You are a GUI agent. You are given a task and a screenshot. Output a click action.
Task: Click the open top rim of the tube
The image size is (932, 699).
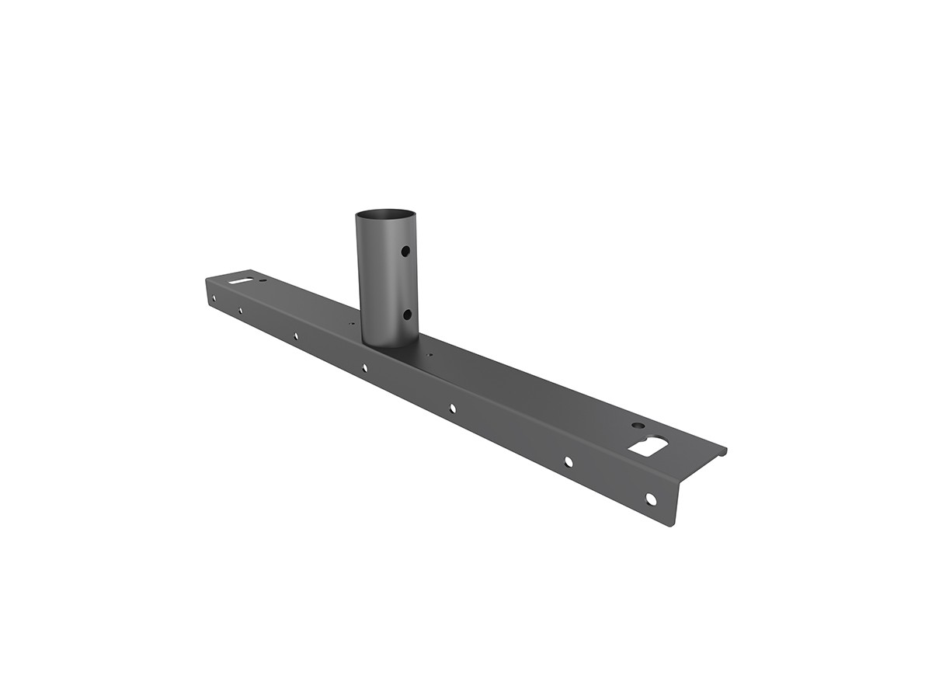(x=385, y=214)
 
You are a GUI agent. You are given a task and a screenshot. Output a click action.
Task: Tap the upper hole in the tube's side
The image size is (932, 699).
(x=405, y=251)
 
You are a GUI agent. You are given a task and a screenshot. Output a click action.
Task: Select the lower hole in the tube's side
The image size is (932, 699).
(x=407, y=315)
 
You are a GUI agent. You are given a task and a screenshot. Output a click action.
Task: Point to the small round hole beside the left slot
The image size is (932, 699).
(x=263, y=279)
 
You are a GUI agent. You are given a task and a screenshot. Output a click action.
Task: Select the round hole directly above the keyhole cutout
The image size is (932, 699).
(x=638, y=426)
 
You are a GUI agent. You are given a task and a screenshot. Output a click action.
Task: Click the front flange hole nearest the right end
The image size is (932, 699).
(x=651, y=499)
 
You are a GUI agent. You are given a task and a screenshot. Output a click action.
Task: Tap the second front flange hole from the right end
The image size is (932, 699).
(x=569, y=461)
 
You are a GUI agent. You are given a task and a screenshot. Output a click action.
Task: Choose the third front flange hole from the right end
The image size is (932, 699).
(x=452, y=407)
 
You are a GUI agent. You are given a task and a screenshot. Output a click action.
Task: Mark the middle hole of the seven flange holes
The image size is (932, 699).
(x=364, y=367)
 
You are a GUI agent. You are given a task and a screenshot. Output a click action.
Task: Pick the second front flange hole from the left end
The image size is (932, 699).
(x=240, y=310)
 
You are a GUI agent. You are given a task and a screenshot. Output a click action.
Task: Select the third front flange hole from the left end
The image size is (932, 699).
(x=295, y=336)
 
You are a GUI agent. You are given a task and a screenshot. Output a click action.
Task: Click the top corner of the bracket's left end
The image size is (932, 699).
(x=207, y=280)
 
